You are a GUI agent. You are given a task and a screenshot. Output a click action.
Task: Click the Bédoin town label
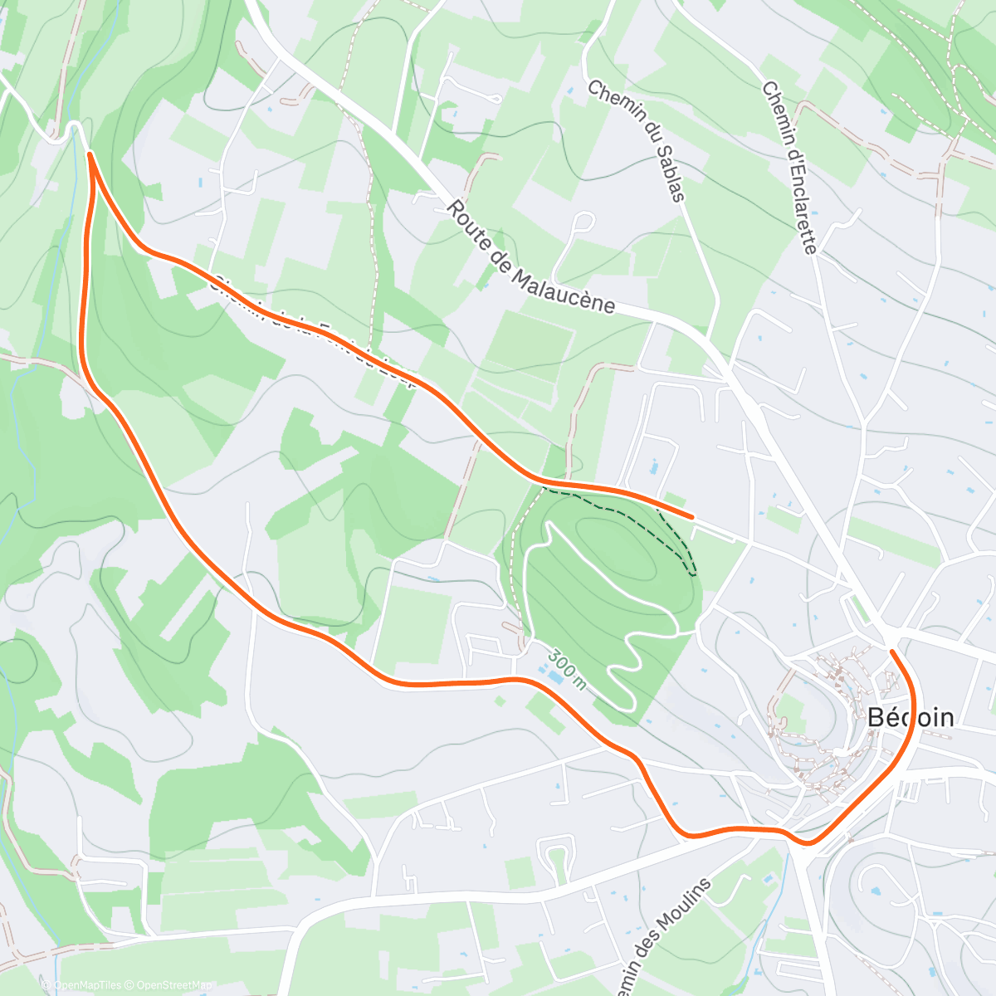(910, 718)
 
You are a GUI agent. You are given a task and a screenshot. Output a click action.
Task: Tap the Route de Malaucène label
(531, 257)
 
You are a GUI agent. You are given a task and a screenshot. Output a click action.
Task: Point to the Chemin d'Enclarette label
(790, 166)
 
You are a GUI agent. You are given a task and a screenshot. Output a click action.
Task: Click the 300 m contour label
(567, 669)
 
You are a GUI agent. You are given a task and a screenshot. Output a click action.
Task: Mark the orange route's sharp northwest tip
(89, 154)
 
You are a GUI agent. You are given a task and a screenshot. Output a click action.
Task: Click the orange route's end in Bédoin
(892, 652)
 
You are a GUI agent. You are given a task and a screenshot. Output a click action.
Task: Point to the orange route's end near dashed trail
(691, 517)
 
